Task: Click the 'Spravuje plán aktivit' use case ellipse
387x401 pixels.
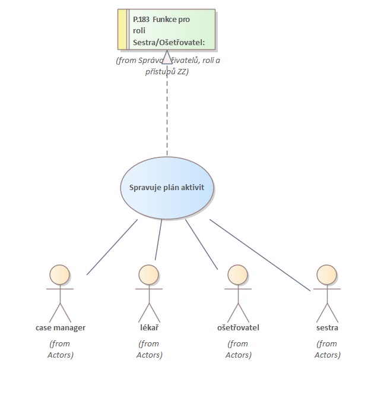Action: pos(167,188)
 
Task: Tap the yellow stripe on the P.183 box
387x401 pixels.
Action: pos(122,29)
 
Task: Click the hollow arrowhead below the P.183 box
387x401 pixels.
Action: pos(167,58)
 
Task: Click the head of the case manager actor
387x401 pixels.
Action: pos(59,274)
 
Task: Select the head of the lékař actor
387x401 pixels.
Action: pos(148,274)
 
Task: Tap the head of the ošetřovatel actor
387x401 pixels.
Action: pos(237,274)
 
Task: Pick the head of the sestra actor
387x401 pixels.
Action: pos(326,274)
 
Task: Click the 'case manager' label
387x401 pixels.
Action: pos(60,328)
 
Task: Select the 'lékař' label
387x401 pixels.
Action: pos(149,328)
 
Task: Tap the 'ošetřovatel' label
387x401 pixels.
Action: pos(238,328)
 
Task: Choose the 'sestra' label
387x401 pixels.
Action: pos(327,328)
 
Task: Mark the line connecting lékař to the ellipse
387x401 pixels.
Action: pos(158,240)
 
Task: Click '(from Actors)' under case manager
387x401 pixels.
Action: pos(60,349)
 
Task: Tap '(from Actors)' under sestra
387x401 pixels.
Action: pos(327,349)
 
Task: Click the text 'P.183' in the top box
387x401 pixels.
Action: pos(141,19)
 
